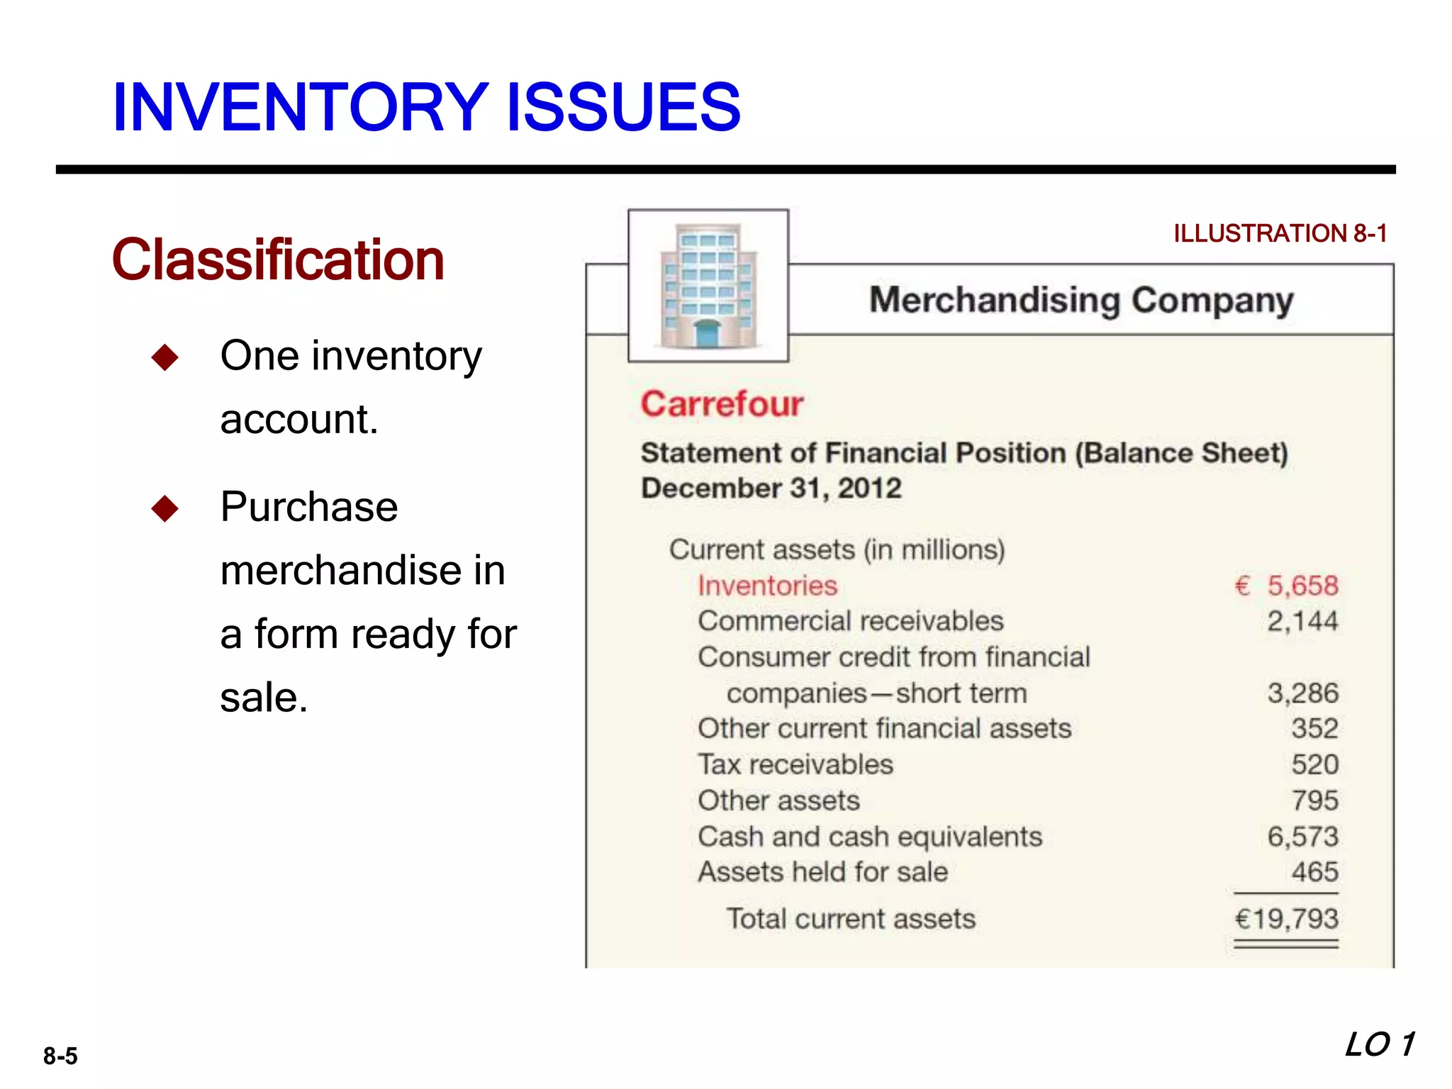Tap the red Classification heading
click(x=278, y=259)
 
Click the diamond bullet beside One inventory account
click(x=165, y=357)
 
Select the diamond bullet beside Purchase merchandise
click(x=165, y=508)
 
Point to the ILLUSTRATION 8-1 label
click(x=1280, y=233)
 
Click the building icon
click(x=708, y=286)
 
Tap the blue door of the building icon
click(x=707, y=333)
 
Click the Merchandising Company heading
click(x=1081, y=300)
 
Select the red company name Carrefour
click(x=722, y=404)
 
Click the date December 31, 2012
click(x=771, y=488)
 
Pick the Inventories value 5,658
click(x=1302, y=586)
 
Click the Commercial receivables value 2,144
click(x=1302, y=622)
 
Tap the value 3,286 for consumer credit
click(x=1302, y=693)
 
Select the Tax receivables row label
click(x=795, y=765)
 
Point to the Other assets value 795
click(x=1314, y=801)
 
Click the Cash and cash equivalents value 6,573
click(x=1302, y=837)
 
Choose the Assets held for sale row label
click(x=822, y=872)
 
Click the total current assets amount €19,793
click(x=1286, y=919)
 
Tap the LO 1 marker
click(x=1380, y=1045)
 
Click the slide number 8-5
click(x=60, y=1056)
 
